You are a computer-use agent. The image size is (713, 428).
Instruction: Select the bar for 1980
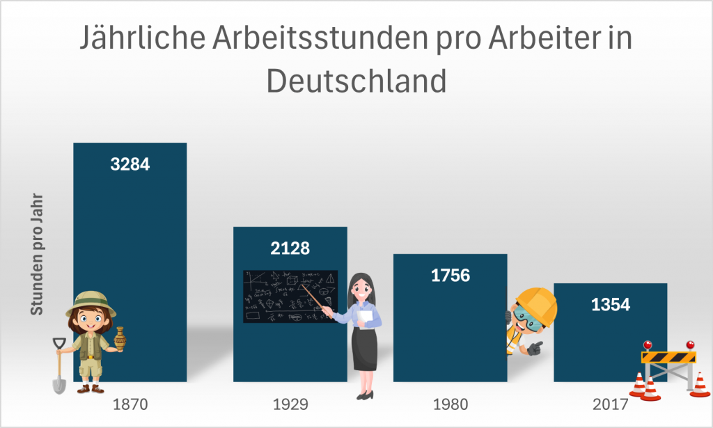pyautogui.click(x=450, y=327)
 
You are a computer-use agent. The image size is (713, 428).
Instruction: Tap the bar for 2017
pyautogui.click(x=610, y=334)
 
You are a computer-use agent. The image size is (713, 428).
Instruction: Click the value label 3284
pyautogui.click(x=130, y=165)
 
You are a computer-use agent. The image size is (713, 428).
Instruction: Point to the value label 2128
pyautogui.click(x=290, y=248)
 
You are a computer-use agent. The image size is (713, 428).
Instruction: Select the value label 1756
pyautogui.click(x=450, y=275)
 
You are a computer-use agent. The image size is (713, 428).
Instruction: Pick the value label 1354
pyautogui.click(x=610, y=304)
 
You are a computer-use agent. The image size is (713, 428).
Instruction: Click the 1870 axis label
pyautogui.click(x=130, y=404)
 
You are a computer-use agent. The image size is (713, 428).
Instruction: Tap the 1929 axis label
pyautogui.click(x=290, y=404)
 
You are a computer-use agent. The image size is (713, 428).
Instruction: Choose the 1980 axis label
pyautogui.click(x=450, y=404)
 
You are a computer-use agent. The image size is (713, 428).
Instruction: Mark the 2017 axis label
pyautogui.click(x=610, y=404)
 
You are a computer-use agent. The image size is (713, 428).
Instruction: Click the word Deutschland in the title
pyautogui.click(x=356, y=81)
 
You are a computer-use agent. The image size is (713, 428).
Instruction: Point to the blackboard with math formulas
pyautogui.click(x=290, y=296)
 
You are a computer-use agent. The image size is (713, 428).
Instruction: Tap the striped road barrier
pyautogui.click(x=668, y=358)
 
